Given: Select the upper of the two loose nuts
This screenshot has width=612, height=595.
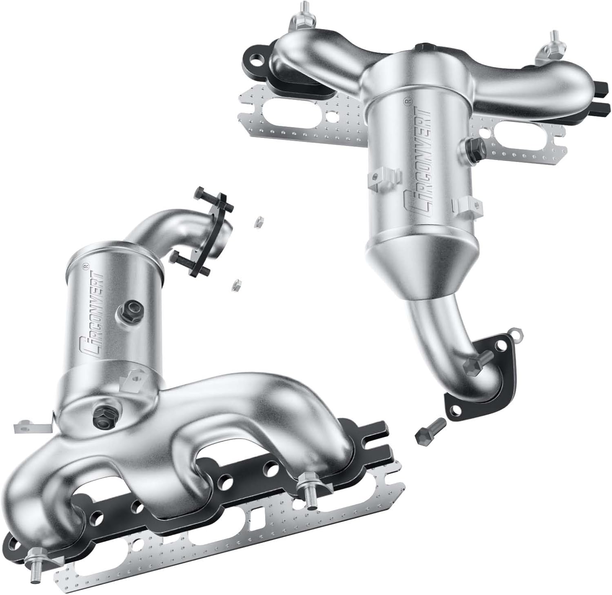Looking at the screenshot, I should pos(257,222).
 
